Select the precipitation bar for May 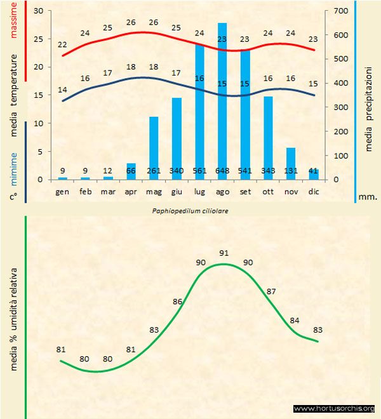(154, 143)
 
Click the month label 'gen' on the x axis (62, 190)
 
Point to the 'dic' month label (314, 190)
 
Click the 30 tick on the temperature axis (37, 11)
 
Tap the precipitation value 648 (222, 171)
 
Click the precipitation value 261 (154, 171)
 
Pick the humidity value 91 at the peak (224, 253)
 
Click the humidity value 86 (178, 302)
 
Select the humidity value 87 (272, 291)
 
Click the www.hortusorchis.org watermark (334, 408)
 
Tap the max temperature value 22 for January (62, 45)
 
